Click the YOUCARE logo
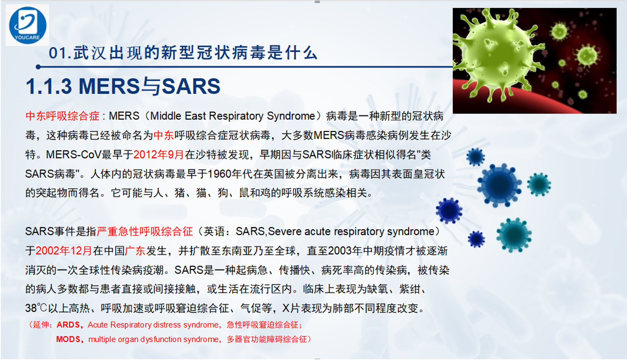[28, 25]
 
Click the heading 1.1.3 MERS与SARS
[123, 86]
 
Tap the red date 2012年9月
[158, 155]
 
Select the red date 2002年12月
[64, 250]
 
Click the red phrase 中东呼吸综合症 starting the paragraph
[62, 116]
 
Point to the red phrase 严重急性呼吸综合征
[145, 232]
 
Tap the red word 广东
[135, 250]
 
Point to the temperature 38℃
[36, 308]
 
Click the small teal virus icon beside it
[539, 184]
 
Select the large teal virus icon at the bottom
[513, 235]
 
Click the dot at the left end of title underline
[39, 67]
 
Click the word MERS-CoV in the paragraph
[74, 155]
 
